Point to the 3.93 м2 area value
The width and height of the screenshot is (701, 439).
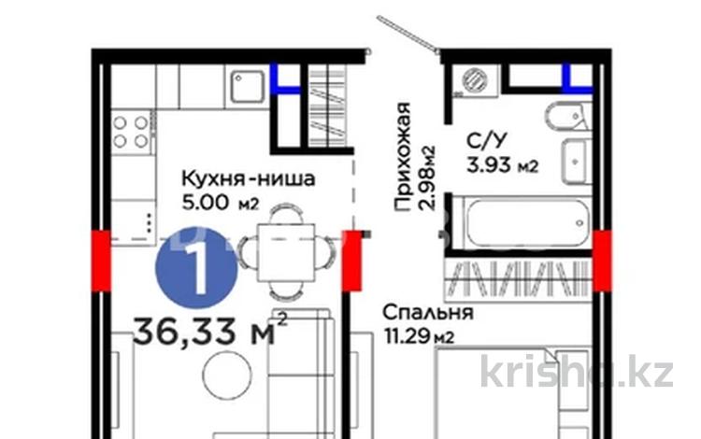(501, 167)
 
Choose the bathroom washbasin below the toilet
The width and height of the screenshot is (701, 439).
(574, 155)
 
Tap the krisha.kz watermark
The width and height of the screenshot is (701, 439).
(578, 373)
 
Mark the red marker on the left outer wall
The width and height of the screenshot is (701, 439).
(99, 254)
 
